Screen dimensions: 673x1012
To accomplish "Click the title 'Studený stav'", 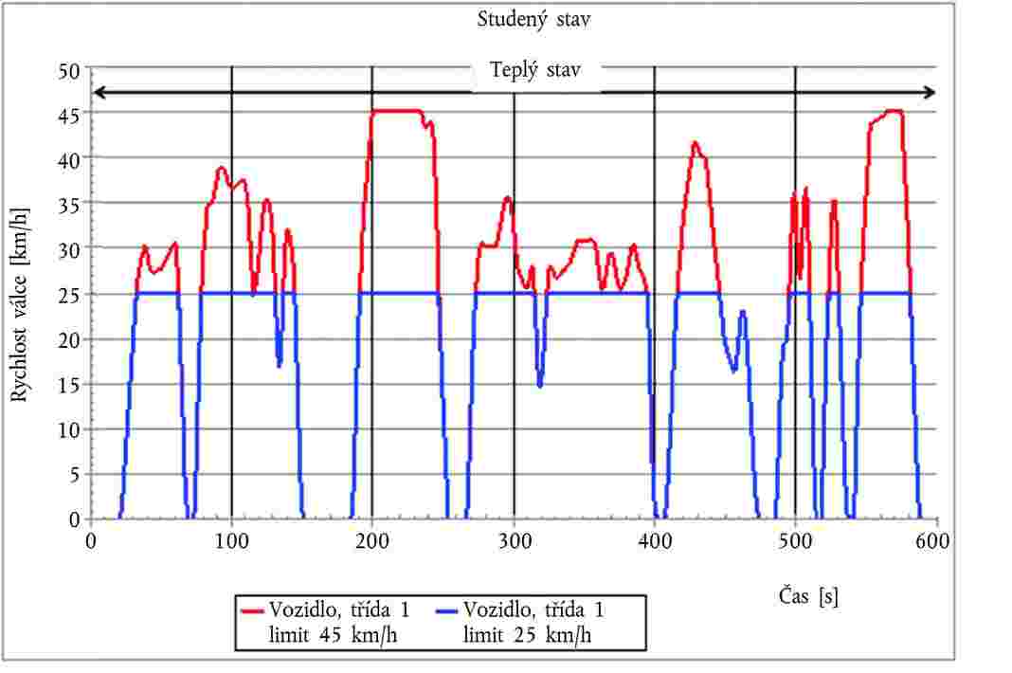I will click(535, 19).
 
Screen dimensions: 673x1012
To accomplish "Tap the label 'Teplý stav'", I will click(535, 69).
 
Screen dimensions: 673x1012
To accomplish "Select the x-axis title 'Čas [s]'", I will click(804, 596).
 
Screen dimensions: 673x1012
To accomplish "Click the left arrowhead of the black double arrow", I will click(96, 93).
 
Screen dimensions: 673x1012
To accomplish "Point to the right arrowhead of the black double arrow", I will click(932, 93).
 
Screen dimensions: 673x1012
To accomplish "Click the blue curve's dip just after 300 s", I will click(540, 383).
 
